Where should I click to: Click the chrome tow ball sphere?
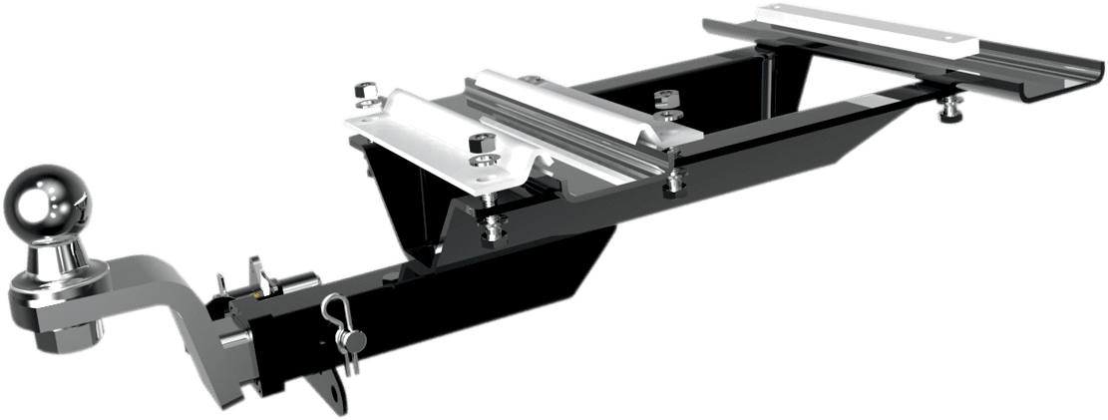coord(48,206)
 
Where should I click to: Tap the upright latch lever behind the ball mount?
coord(256,274)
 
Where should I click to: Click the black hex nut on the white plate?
coord(480,144)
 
